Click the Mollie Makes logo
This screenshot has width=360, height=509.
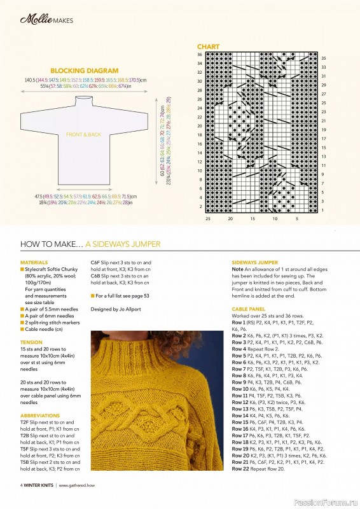pos(46,20)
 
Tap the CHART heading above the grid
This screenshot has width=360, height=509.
pos(208,47)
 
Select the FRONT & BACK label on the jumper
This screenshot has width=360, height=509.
pos(83,135)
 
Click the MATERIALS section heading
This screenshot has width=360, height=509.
pos(34,262)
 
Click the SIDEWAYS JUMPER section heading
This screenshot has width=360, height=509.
pos(254,262)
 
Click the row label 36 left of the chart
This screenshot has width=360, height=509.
pos(199,55)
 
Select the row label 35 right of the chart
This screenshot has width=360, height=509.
pos(323,58)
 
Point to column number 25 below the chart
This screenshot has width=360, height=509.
pos(208,219)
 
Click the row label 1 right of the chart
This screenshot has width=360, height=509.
pos(323,210)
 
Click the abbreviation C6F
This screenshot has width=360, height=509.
pos(97,262)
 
